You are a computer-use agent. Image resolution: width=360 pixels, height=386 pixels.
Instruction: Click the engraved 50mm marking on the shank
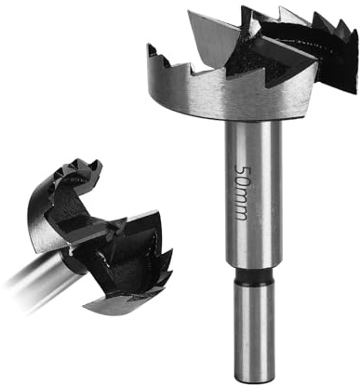point(242,192)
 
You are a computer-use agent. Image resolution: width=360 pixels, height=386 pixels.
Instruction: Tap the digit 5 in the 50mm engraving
point(242,169)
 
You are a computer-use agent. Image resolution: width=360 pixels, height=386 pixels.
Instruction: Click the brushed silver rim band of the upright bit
point(230,96)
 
